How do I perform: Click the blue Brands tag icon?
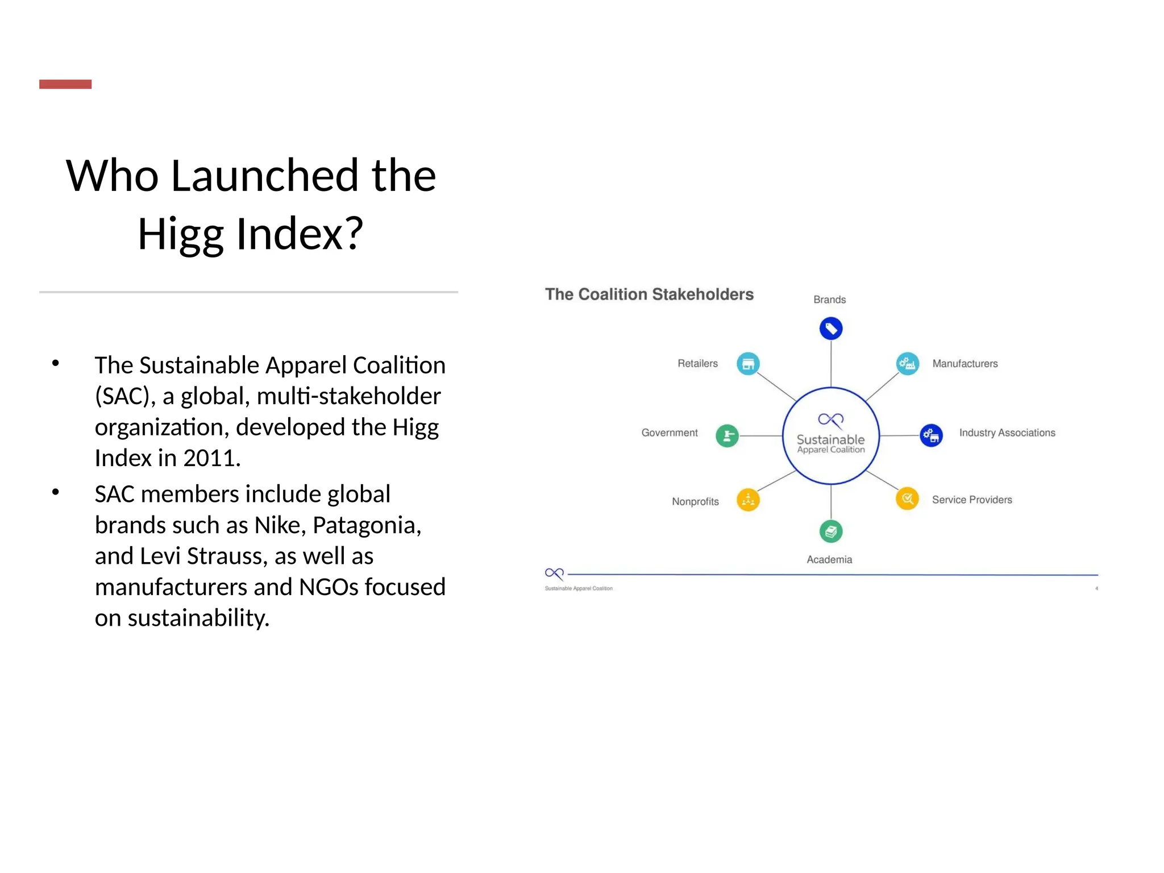(x=830, y=329)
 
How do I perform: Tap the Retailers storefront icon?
(x=748, y=364)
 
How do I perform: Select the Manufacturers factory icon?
(x=907, y=364)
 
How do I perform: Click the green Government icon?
(x=727, y=436)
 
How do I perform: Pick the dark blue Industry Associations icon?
(x=931, y=436)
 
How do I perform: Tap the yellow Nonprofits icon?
(x=748, y=500)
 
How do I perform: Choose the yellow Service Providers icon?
(x=907, y=499)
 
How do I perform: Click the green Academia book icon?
(x=830, y=531)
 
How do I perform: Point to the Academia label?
(x=829, y=559)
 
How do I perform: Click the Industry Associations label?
(x=1007, y=433)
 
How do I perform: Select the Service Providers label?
(x=972, y=500)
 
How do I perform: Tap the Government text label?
(x=670, y=433)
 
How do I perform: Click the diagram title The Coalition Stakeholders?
(x=649, y=294)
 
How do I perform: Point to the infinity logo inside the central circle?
(x=830, y=420)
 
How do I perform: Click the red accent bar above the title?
(x=65, y=84)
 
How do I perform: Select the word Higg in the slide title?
(x=181, y=234)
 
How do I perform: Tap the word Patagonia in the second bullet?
(x=367, y=525)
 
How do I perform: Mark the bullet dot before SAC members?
(x=55, y=492)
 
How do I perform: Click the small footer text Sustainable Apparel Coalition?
(x=579, y=588)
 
